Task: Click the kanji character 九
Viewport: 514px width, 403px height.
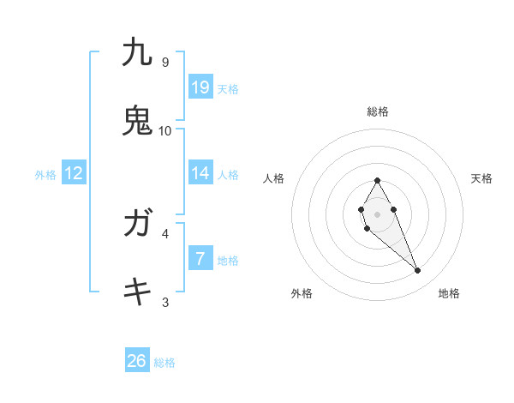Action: [x=137, y=52]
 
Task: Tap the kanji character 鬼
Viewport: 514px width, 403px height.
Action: [x=137, y=121]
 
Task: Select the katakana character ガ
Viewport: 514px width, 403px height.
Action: [x=137, y=224]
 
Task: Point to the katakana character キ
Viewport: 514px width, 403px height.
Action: [x=137, y=292]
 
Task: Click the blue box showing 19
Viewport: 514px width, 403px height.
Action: [x=200, y=87]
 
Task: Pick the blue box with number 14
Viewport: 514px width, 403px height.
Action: [x=200, y=173]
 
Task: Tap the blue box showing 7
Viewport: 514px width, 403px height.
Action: [x=200, y=258]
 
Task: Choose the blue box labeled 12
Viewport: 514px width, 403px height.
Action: [x=74, y=173]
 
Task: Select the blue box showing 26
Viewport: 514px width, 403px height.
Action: [x=137, y=361]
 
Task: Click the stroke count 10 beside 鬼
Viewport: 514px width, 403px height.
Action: [x=165, y=130]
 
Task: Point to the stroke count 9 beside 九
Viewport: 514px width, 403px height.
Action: [x=165, y=62]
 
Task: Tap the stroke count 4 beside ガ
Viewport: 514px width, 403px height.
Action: [x=165, y=233]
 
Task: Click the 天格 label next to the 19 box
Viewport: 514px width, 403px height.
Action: [x=228, y=88]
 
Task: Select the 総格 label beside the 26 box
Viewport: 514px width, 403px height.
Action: [x=164, y=363]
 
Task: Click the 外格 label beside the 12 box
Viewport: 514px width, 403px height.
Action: [x=45, y=175]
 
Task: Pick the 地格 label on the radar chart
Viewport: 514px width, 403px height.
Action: [x=449, y=293]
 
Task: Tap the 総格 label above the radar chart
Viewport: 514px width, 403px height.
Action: [x=377, y=111]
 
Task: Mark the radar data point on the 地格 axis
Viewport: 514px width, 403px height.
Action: [x=418, y=271]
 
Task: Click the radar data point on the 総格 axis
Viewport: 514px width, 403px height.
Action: [x=377, y=180]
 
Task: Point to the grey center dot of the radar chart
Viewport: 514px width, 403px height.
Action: [x=377, y=213]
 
